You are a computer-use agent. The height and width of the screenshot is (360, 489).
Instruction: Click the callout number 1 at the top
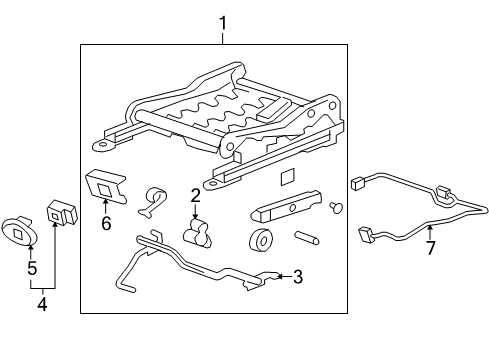(223, 24)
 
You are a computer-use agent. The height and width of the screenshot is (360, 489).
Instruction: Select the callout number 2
(195, 196)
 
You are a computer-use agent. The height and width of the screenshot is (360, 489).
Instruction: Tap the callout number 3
(298, 277)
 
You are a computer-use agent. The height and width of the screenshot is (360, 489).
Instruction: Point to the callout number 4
(42, 304)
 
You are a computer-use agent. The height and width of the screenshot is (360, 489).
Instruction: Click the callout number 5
(32, 268)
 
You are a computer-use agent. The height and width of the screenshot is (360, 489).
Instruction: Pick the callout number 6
(106, 223)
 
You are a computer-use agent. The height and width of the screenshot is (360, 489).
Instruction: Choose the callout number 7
(431, 248)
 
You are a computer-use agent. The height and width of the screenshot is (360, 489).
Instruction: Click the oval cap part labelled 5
(19, 231)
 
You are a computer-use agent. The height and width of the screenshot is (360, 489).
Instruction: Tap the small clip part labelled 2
(197, 233)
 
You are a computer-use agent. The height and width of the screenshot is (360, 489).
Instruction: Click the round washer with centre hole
(261, 240)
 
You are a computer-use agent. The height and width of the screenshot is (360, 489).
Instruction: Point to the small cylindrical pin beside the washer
(306, 238)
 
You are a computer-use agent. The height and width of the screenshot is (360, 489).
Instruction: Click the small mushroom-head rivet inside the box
(336, 207)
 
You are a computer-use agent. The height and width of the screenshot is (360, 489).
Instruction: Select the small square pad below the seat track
(288, 177)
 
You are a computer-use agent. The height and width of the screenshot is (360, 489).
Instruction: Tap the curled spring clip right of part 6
(153, 203)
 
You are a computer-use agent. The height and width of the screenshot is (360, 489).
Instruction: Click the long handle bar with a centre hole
(286, 207)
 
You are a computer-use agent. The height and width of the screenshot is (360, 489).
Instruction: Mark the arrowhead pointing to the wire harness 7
(430, 228)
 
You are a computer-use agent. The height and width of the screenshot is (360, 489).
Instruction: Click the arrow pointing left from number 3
(284, 276)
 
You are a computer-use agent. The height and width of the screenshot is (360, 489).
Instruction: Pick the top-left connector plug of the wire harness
(358, 184)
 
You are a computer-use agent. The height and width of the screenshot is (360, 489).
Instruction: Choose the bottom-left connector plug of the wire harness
(366, 234)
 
